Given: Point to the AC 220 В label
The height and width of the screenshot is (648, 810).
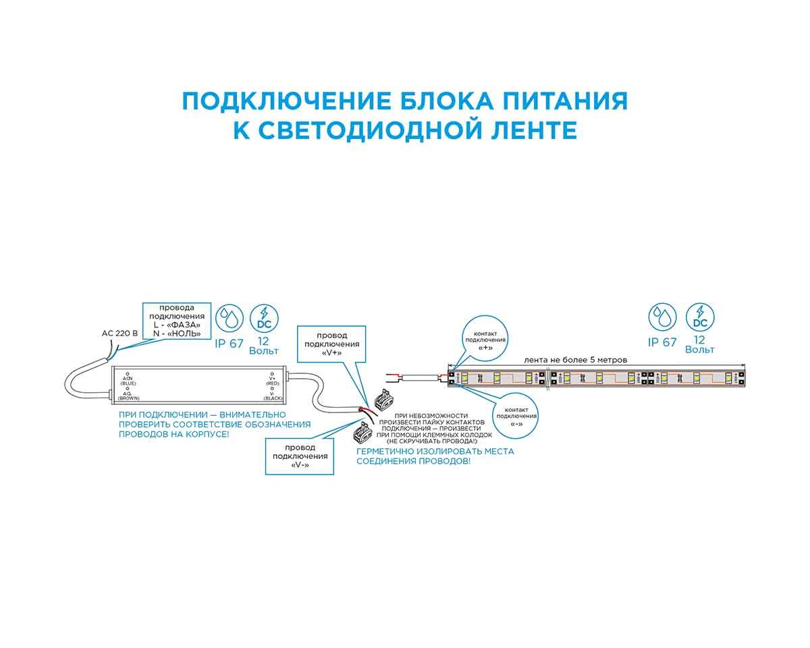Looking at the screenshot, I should pos(119,333).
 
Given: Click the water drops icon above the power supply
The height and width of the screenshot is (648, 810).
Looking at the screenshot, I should pos(230,317).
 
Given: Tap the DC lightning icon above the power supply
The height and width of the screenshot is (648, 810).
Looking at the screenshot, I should pos(264,317).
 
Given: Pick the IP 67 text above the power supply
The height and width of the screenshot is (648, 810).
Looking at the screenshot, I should pos(229,343).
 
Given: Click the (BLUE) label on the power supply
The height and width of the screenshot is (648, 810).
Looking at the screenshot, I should pos(128,383).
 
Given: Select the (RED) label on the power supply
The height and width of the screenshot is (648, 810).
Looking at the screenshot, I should pos(273,383).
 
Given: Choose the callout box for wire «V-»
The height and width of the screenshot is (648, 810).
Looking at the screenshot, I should pos(300,456).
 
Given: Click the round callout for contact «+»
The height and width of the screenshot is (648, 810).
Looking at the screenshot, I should pos(485,340).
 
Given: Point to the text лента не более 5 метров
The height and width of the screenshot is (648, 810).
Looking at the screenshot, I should pos(576,360).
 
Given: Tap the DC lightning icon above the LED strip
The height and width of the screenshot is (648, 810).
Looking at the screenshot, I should pos(700,316).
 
